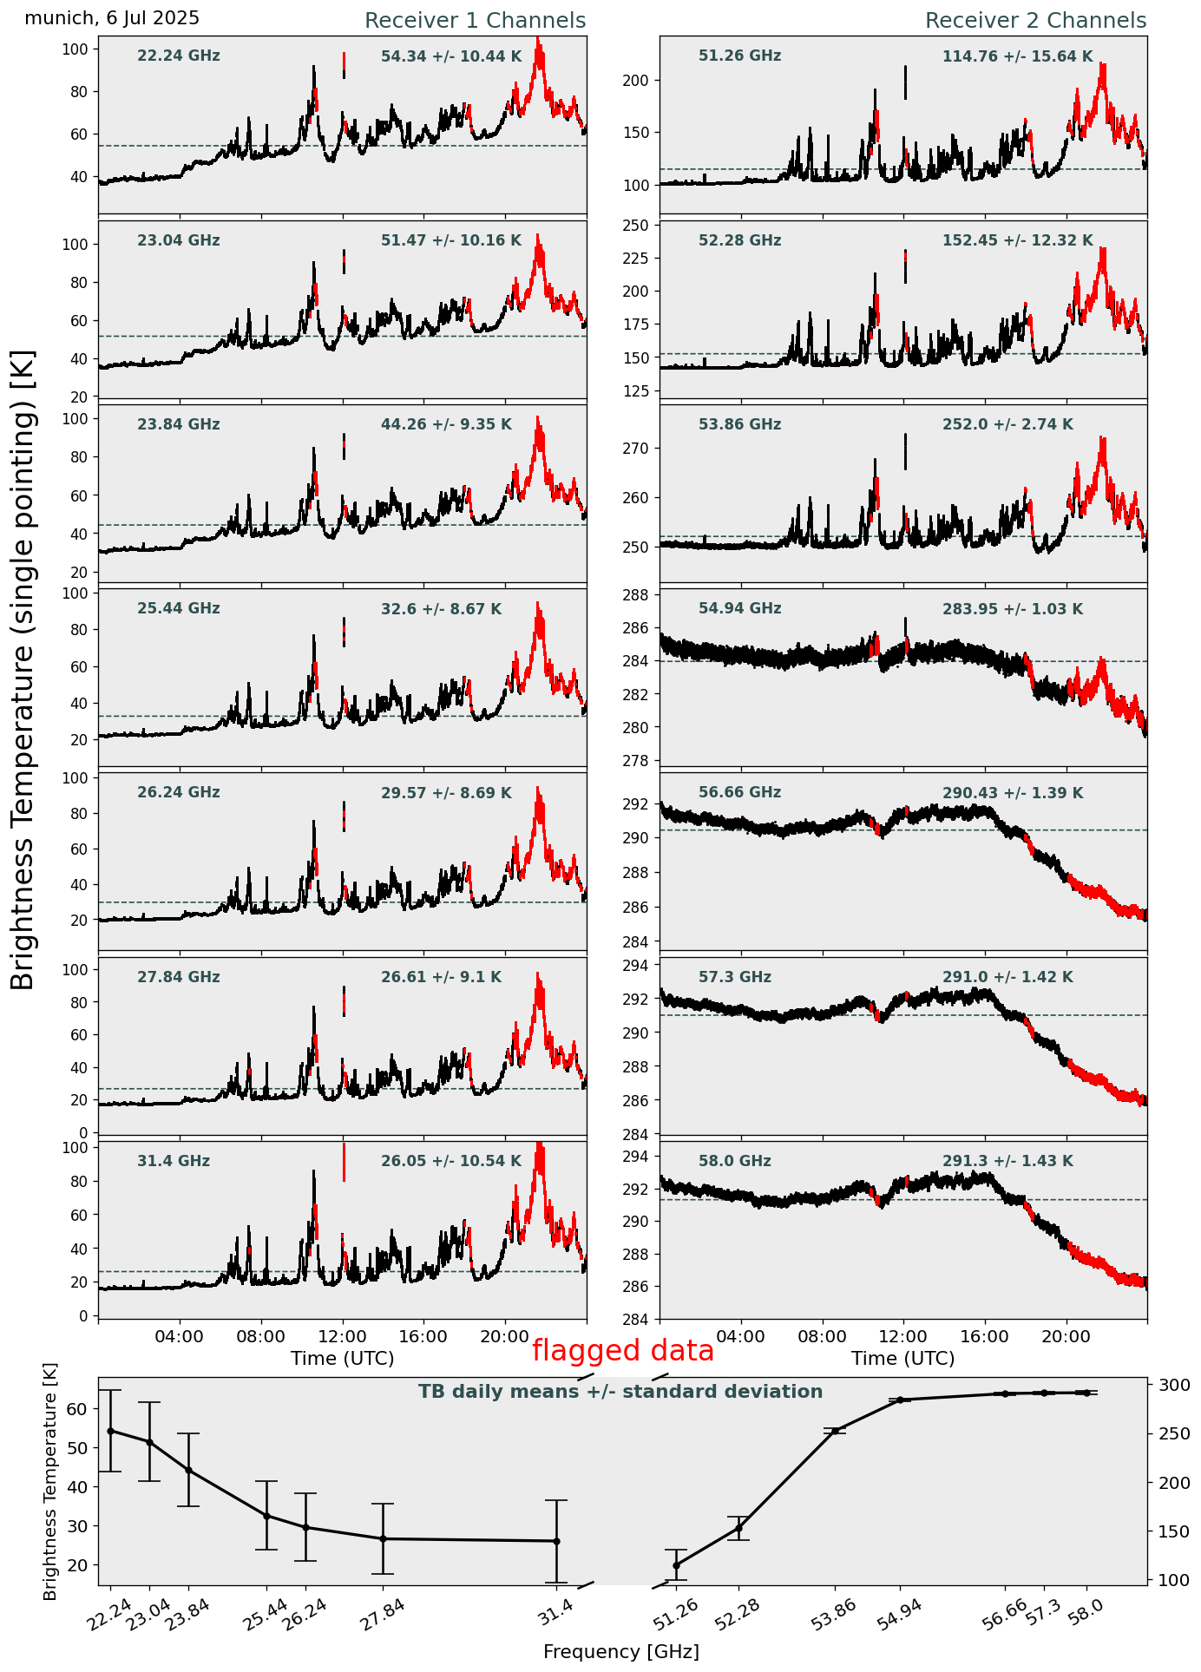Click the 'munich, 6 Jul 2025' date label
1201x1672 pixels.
[112, 18]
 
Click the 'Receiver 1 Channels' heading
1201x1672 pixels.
[475, 21]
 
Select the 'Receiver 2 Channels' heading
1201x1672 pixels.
[1035, 21]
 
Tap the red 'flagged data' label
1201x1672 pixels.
[622, 1351]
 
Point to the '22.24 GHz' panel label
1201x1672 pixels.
[179, 56]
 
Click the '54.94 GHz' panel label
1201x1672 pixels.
[739, 608]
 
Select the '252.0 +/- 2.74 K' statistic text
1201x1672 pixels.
[1007, 424]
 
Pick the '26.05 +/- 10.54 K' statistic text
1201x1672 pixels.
[451, 1161]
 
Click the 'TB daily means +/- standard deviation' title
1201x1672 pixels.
[620, 1392]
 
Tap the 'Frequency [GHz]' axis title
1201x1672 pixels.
[620, 1651]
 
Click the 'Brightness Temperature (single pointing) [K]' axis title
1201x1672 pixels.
[23, 669]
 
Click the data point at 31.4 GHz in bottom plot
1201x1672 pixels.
[556, 1541]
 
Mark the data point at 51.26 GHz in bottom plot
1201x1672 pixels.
[676, 1565]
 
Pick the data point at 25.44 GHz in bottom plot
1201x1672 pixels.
[266, 1516]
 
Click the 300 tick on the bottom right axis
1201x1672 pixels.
[1169, 1385]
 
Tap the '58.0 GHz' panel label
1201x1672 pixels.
[734, 1161]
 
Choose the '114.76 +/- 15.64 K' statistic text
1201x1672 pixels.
[1017, 56]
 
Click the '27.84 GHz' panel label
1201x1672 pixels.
[179, 977]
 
